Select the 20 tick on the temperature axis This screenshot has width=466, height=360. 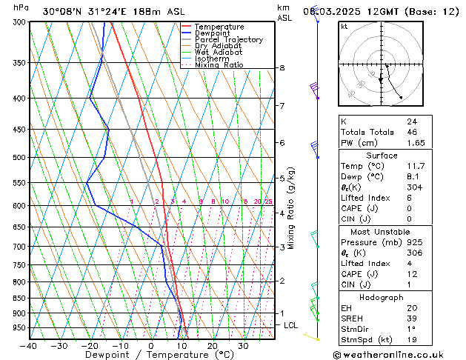[x=212, y=345]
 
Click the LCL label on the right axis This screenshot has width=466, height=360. [x=291, y=325]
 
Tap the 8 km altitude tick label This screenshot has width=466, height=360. [x=282, y=68]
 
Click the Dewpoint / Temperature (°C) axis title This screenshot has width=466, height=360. [x=150, y=355]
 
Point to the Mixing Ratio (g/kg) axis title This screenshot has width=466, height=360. [x=291, y=208]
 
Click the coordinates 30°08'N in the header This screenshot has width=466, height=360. [x=63, y=11]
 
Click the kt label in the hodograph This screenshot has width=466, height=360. [x=344, y=27]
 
